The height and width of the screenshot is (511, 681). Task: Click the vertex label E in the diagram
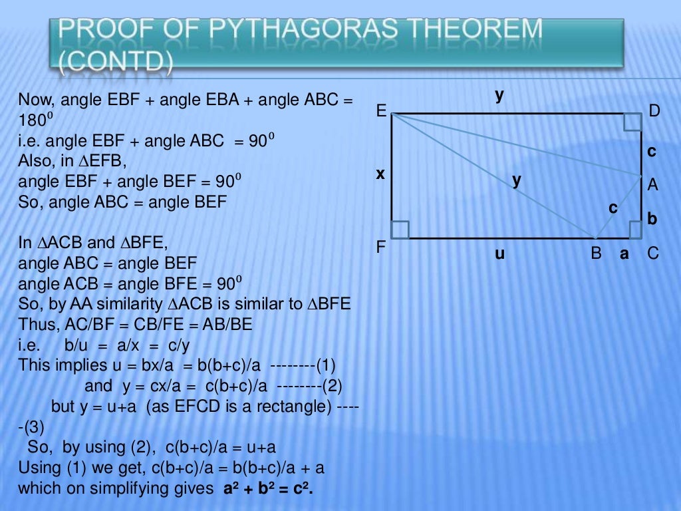click(x=381, y=111)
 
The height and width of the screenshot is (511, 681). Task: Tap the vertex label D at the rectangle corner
click(x=654, y=111)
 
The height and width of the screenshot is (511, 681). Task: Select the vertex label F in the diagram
click(x=381, y=248)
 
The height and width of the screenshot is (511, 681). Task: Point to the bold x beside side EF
click(x=380, y=174)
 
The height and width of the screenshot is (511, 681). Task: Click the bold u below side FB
click(x=499, y=254)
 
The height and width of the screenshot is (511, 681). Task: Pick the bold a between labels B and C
click(x=624, y=254)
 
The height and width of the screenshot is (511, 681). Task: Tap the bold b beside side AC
click(x=652, y=218)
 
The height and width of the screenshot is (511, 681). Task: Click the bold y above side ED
click(x=499, y=95)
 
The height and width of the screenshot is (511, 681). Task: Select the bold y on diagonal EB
click(x=517, y=180)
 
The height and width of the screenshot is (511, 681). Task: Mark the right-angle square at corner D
click(x=632, y=122)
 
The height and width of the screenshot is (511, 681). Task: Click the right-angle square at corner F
click(x=400, y=230)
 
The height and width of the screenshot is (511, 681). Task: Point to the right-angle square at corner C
click(x=634, y=230)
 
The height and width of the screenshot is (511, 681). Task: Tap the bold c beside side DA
click(x=652, y=152)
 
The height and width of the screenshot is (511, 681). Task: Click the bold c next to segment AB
click(x=613, y=208)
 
